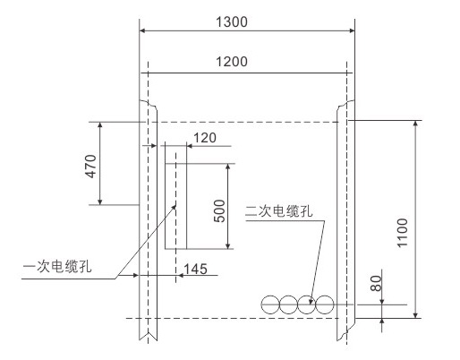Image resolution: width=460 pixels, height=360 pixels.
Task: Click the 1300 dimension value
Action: (x=232, y=22)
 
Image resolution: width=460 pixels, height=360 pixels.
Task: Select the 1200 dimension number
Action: (x=232, y=62)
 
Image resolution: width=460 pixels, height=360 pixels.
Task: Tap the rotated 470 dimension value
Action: (x=91, y=167)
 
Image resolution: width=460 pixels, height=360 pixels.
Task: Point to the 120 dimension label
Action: (x=205, y=138)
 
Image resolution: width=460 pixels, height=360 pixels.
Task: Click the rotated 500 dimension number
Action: (x=219, y=210)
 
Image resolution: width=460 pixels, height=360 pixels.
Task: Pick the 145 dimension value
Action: (x=195, y=269)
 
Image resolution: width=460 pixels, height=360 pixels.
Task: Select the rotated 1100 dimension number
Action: (x=402, y=233)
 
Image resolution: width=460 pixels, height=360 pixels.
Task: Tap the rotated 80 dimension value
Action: (x=376, y=283)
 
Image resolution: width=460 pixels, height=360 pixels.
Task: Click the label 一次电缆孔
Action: (x=57, y=266)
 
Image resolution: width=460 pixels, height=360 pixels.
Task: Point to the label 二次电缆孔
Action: (x=278, y=211)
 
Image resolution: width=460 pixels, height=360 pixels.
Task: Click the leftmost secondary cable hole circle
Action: (x=270, y=304)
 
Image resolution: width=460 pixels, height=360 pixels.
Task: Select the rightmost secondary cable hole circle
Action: (x=324, y=304)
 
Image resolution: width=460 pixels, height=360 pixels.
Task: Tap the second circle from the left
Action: (x=288, y=304)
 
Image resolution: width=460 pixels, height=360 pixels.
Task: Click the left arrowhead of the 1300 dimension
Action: (x=142, y=30)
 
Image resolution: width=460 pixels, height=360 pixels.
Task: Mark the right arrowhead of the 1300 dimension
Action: (x=352, y=30)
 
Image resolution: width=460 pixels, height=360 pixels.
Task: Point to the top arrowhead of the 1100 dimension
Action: (x=415, y=124)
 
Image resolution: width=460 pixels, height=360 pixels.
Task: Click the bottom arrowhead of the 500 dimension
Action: (x=228, y=245)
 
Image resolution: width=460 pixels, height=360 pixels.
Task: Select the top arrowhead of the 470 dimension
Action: (x=100, y=125)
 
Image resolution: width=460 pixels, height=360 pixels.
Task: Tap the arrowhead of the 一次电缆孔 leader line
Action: (x=174, y=208)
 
